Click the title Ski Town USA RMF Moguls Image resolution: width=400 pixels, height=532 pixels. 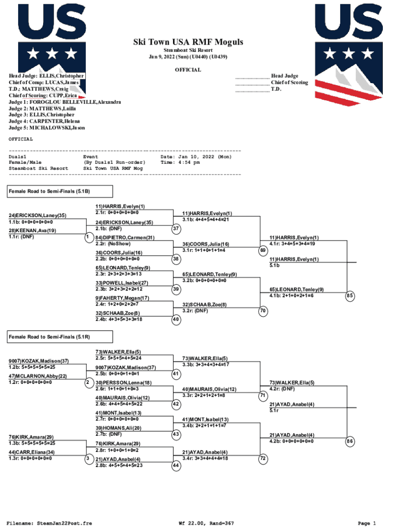coord(188,42)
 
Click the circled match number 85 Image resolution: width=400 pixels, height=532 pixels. coord(350,296)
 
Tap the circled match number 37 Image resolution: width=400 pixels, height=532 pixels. coord(176,229)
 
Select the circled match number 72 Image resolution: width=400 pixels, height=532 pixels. coord(262,459)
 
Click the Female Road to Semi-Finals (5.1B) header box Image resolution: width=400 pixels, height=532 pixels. coord(60,191)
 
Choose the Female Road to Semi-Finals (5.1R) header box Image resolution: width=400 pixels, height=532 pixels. coord(60,337)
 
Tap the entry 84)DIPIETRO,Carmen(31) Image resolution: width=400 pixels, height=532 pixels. coord(125,238)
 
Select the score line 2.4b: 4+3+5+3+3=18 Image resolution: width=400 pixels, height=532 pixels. coord(119,320)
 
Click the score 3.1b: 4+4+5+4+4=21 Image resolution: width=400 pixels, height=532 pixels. coord(206,220)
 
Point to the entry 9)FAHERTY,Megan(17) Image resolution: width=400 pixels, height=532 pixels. coord(122,298)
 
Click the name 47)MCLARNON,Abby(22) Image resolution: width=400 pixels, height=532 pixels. coord(37,376)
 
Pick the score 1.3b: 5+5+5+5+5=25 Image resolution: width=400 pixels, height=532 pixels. coord(32,443)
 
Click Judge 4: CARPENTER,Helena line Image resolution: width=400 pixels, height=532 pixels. coord(44,121)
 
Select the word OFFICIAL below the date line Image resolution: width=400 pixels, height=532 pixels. coord(188,70)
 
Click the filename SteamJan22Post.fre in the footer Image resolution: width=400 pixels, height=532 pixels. coord(64,523)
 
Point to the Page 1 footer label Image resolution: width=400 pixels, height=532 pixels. coord(367,523)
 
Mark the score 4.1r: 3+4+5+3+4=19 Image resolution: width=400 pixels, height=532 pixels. coord(292,244)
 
